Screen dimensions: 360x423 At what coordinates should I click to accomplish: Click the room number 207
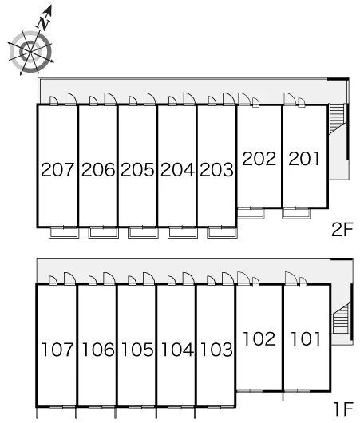[x=57, y=169]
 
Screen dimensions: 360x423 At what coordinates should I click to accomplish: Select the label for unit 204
[x=177, y=170]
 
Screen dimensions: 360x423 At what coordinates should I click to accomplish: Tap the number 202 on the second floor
[x=259, y=158]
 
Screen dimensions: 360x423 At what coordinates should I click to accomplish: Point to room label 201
[x=304, y=158]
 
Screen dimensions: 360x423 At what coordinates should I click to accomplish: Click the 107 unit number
[x=57, y=350]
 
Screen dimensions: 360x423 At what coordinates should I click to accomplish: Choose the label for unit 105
[x=137, y=350]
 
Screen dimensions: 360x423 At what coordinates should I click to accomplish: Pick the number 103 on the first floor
[x=216, y=350]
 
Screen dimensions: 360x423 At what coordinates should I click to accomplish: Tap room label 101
[x=306, y=338]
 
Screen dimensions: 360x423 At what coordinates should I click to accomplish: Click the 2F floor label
[x=342, y=230]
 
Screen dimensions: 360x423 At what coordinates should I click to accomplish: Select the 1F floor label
[x=343, y=409]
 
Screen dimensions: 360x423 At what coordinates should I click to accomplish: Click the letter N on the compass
[x=43, y=23]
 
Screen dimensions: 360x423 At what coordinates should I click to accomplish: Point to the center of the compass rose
[x=30, y=52]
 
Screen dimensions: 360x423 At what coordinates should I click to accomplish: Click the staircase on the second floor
[x=337, y=118]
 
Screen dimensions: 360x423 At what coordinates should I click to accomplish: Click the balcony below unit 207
[x=64, y=233]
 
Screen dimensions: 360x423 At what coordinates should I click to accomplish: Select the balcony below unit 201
[x=296, y=213]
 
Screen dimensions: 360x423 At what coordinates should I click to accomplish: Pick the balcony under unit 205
[x=143, y=233]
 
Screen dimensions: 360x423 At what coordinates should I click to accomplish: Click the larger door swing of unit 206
[x=110, y=98]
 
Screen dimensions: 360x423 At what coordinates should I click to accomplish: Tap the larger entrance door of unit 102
[x=243, y=278]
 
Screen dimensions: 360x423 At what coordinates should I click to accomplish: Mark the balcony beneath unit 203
[x=223, y=233]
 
